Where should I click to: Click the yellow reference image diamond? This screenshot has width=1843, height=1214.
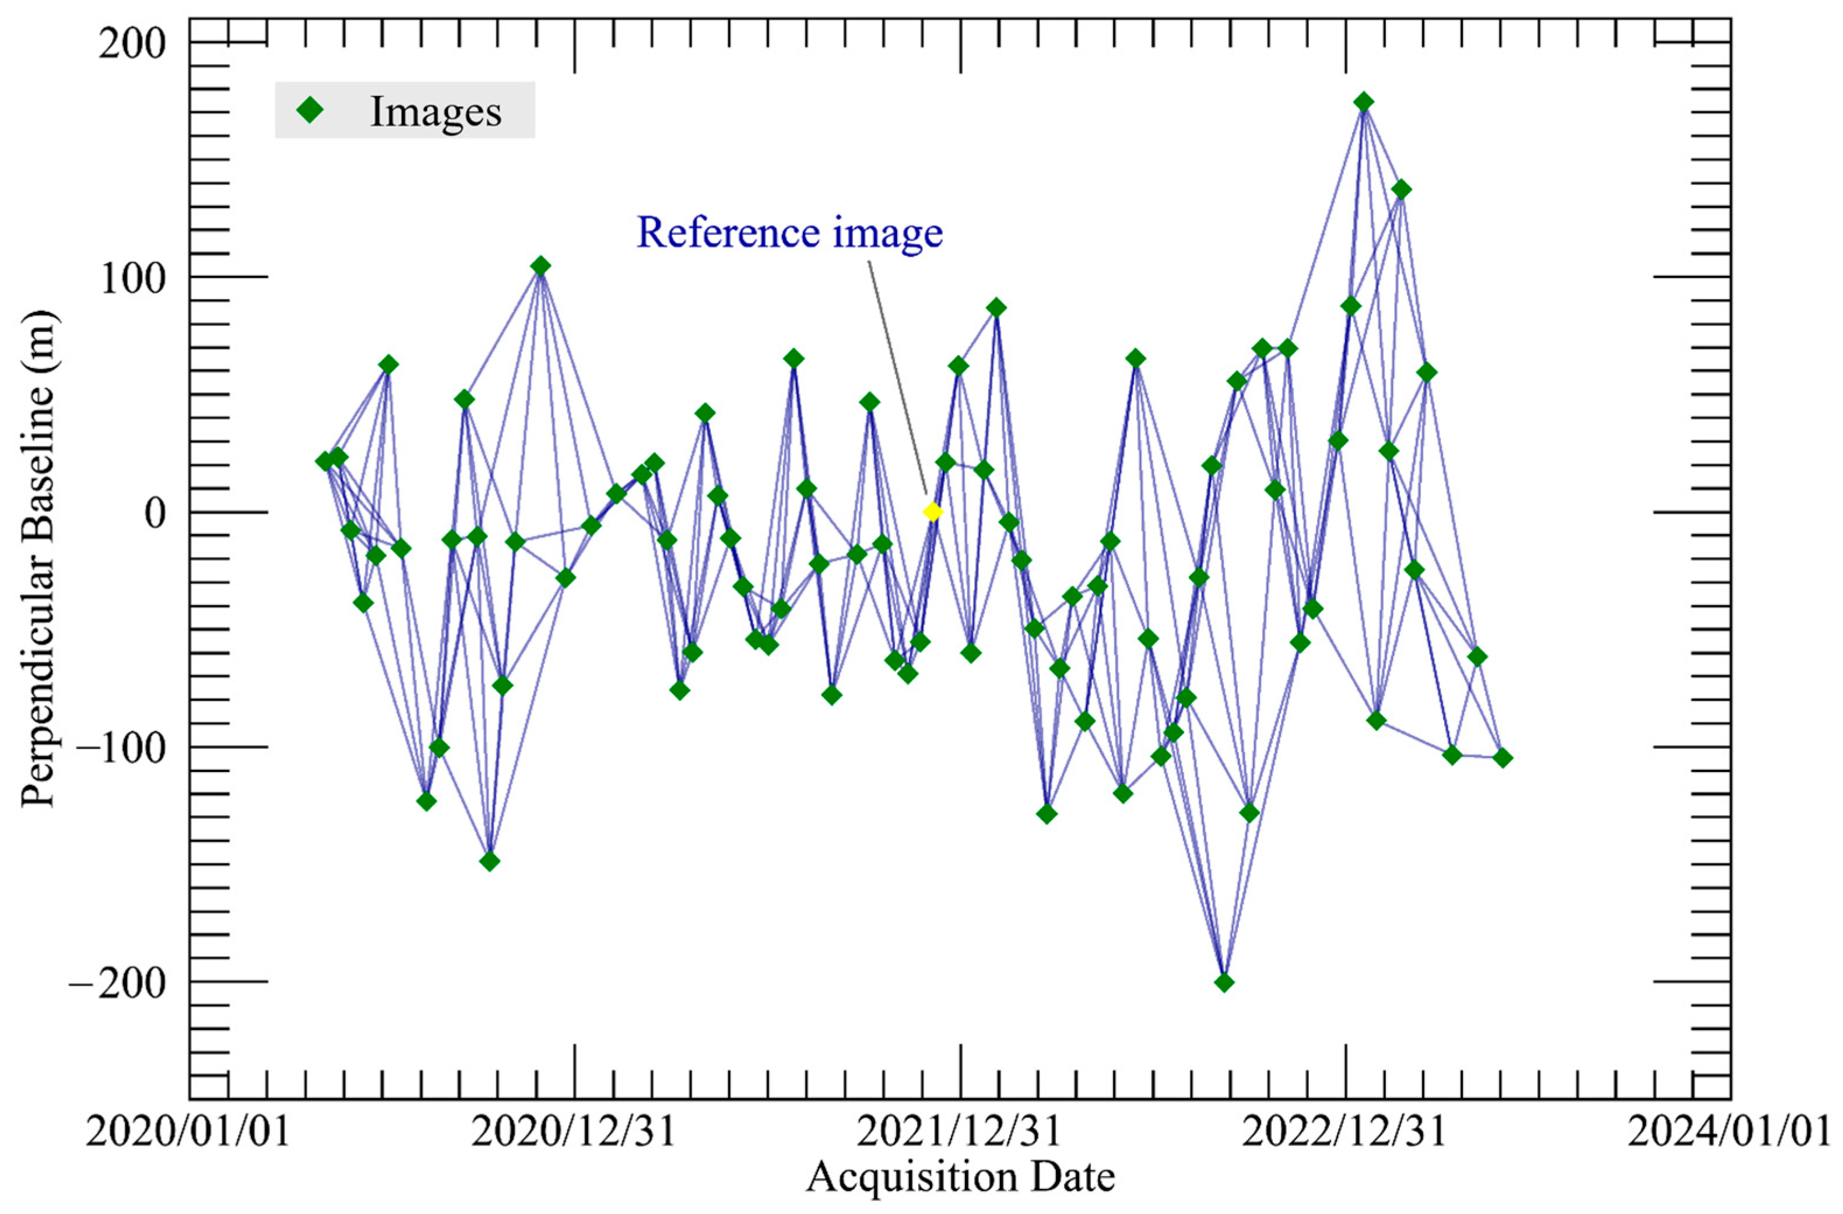click(932, 512)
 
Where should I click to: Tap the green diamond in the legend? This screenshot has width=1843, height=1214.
click(311, 111)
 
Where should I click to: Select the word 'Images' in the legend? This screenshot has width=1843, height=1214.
click(436, 111)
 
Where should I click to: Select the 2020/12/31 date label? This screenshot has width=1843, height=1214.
click(574, 1133)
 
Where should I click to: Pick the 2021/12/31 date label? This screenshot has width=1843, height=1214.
click(960, 1133)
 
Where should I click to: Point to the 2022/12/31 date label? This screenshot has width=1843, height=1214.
click(1345, 1133)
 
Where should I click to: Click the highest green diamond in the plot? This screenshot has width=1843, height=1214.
click(1364, 102)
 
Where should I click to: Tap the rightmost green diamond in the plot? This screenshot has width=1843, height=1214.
click(1503, 757)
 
